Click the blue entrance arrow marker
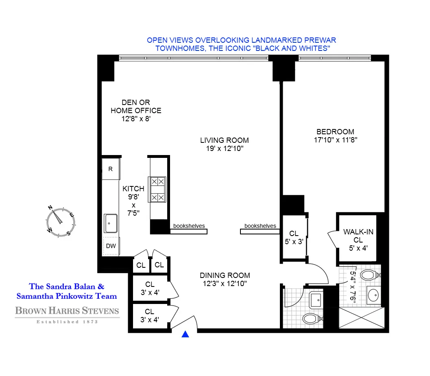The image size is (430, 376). point(186,334)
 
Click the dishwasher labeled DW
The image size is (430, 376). point(111,246)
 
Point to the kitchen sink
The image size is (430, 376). point(110,223)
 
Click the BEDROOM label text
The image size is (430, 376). point(335,132)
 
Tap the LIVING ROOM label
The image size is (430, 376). point(224,140)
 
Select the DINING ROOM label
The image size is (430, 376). point(225,275)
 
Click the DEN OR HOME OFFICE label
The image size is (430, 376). point(136,107)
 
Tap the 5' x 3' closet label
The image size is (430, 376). point(294,241)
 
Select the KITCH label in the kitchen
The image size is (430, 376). point(133,189)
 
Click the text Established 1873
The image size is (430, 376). point(67,322)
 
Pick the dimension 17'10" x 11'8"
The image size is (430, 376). point(335,140)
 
